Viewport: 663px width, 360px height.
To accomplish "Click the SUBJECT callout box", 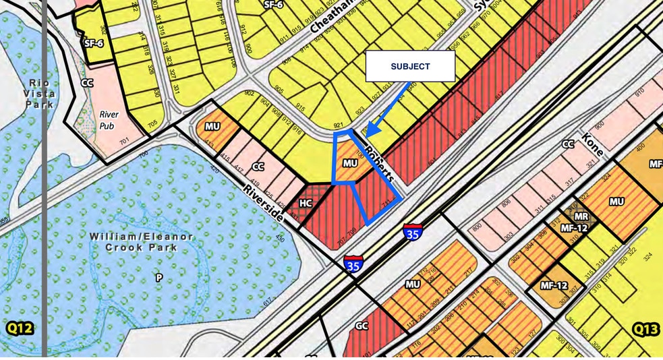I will pyautogui.click(x=410, y=66).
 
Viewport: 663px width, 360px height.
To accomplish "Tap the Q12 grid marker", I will pyautogui.click(x=20, y=328).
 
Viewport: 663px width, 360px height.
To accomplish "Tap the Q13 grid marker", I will pyautogui.click(x=645, y=329).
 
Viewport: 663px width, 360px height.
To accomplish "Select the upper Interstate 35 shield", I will pyautogui.click(x=413, y=233).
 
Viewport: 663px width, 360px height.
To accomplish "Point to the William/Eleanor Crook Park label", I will pyautogui.click(x=142, y=242).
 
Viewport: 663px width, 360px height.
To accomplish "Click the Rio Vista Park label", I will pyautogui.click(x=39, y=93).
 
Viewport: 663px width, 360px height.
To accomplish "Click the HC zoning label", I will pyautogui.click(x=306, y=203).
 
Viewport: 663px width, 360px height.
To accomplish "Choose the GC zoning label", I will pyautogui.click(x=362, y=326).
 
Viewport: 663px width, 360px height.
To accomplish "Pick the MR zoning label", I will pyautogui.click(x=581, y=216).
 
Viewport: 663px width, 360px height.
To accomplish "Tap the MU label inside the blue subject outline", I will pyautogui.click(x=349, y=163).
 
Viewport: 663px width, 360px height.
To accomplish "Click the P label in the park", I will pyautogui.click(x=159, y=277).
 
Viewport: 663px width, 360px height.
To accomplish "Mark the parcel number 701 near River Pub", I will pyautogui.click(x=124, y=141).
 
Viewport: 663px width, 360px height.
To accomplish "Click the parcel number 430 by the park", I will pyautogui.click(x=280, y=238).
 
